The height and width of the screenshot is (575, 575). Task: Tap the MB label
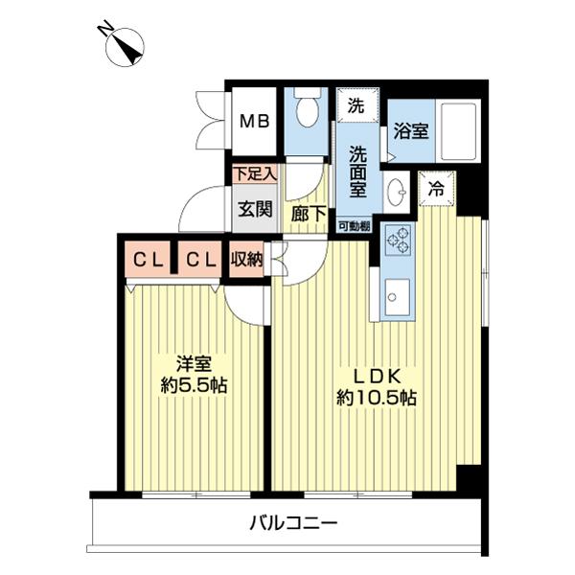(255, 122)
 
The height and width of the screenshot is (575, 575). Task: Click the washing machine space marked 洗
(356, 104)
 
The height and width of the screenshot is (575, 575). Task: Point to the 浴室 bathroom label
(412, 131)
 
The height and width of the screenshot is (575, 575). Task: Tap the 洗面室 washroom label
(356, 170)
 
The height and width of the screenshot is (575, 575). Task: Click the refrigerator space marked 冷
(436, 188)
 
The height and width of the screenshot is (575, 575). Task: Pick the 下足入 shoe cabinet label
(256, 174)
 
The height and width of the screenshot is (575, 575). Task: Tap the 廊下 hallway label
(308, 216)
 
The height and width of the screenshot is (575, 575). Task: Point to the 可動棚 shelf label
(354, 226)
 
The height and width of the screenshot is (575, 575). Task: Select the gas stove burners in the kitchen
(396, 241)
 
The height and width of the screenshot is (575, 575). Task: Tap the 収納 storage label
(247, 259)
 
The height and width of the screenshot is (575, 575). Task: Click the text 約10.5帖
(376, 396)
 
